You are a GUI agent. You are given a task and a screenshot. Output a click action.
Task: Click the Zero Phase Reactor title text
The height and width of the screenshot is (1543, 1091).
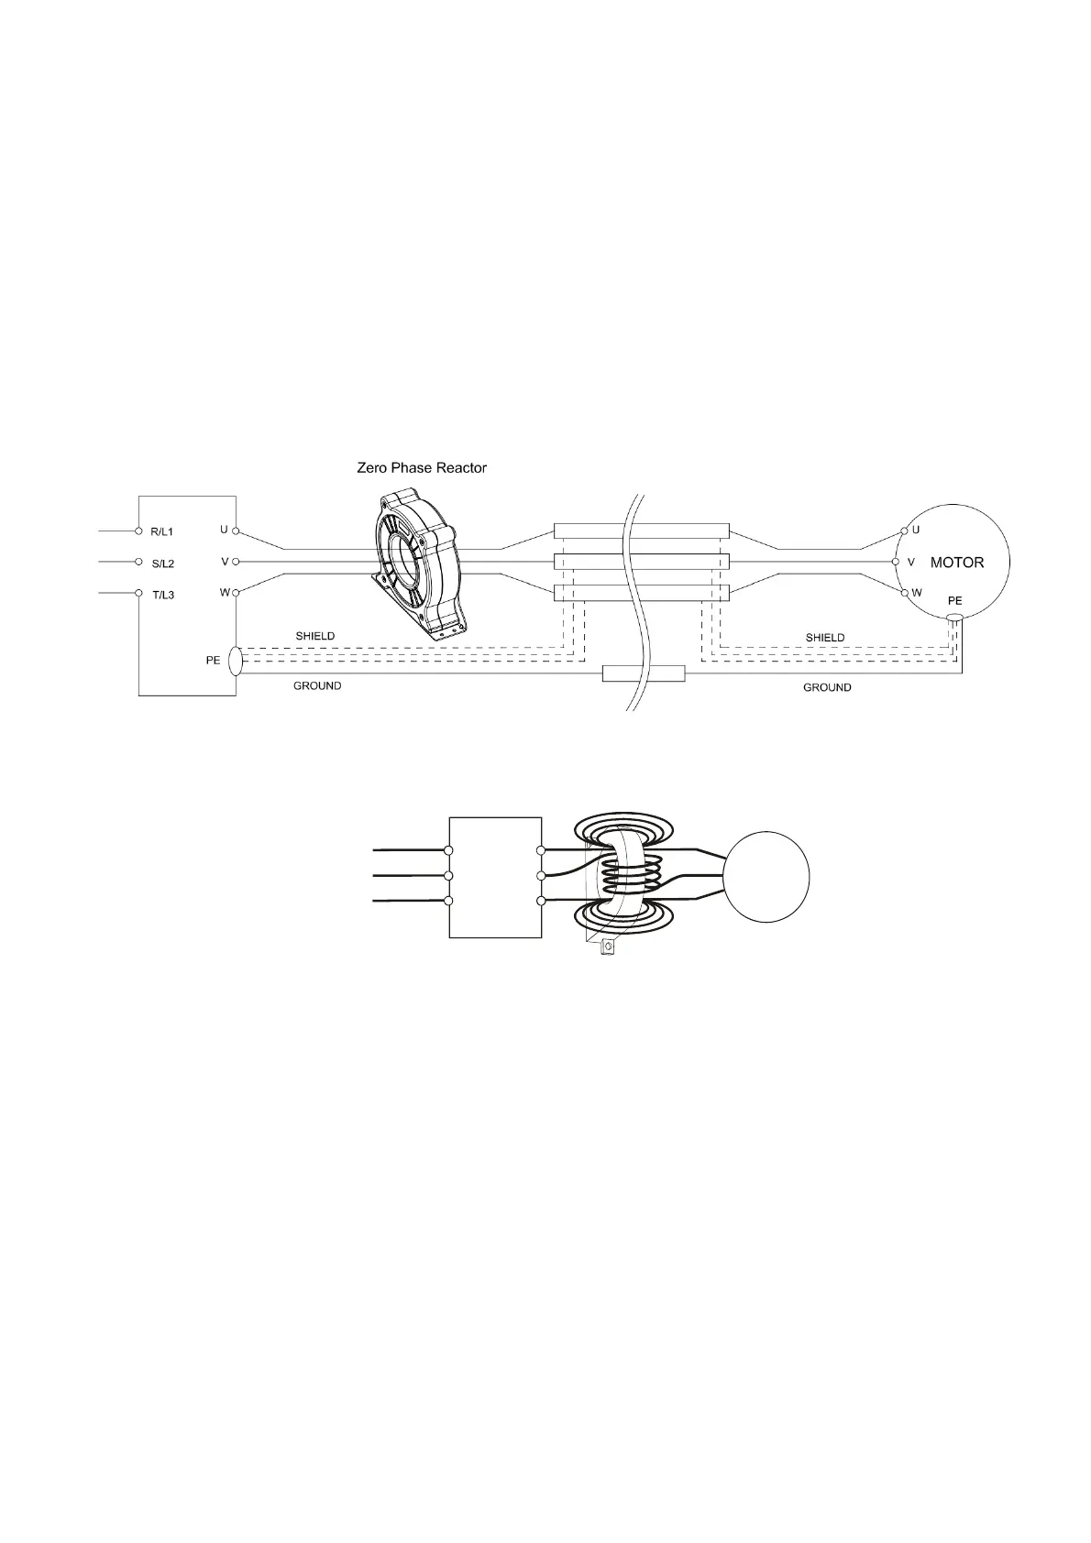click(x=422, y=467)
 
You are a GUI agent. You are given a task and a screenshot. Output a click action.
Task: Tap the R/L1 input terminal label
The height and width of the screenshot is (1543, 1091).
click(x=162, y=531)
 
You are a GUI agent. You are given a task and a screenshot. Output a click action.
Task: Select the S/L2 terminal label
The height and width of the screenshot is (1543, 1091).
click(x=162, y=564)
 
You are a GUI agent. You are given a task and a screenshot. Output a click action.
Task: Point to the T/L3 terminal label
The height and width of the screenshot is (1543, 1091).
click(x=163, y=596)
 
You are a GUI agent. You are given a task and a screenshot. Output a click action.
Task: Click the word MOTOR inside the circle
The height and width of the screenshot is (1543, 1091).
click(x=956, y=563)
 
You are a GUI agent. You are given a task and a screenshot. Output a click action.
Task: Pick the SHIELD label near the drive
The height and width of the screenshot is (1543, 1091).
click(x=315, y=636)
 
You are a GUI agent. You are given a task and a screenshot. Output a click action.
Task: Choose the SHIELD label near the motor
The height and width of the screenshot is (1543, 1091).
click(x=825, y=638)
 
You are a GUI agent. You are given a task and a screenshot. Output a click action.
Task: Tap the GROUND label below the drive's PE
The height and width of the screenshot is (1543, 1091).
click(x=317, y=686)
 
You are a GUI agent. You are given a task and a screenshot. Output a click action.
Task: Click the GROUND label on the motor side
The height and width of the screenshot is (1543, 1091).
click(x=827, y=687)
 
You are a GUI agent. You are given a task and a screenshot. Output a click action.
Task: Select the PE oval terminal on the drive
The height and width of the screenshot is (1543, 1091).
click(x=236, y=661)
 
